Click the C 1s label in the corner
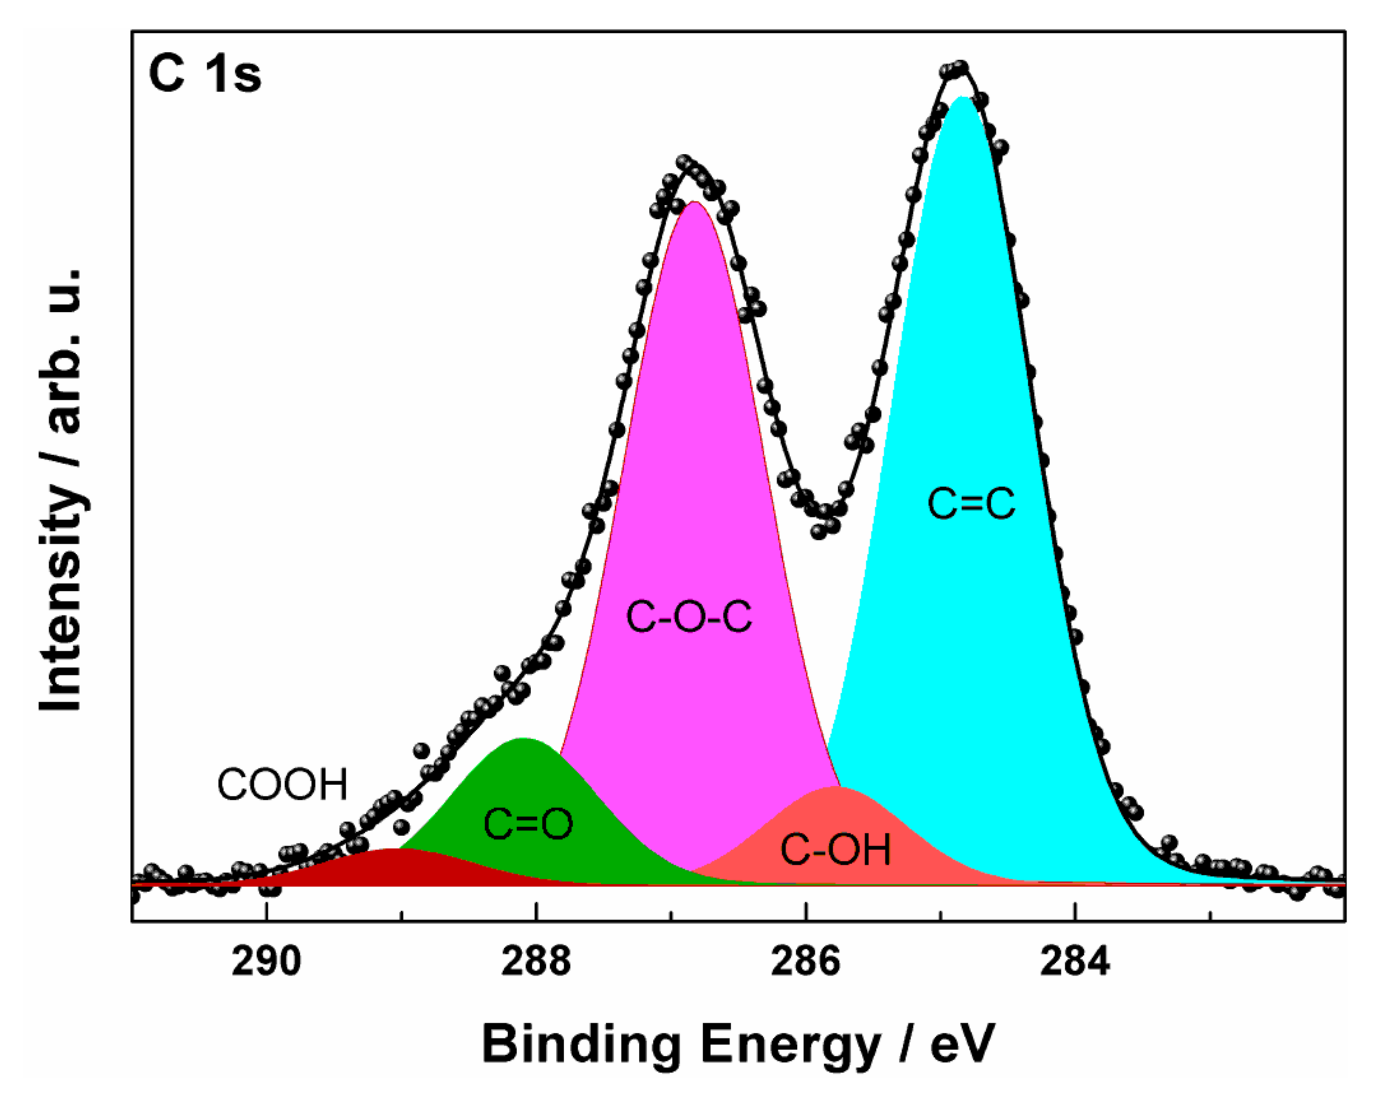point(205,74)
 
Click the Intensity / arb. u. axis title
point(61,490)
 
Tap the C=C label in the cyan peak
point(971,504)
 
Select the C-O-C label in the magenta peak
point(688,617)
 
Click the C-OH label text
point(835,850)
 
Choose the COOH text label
point(282,784)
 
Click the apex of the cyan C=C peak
point(961,98)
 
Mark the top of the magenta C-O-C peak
point(693,202)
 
